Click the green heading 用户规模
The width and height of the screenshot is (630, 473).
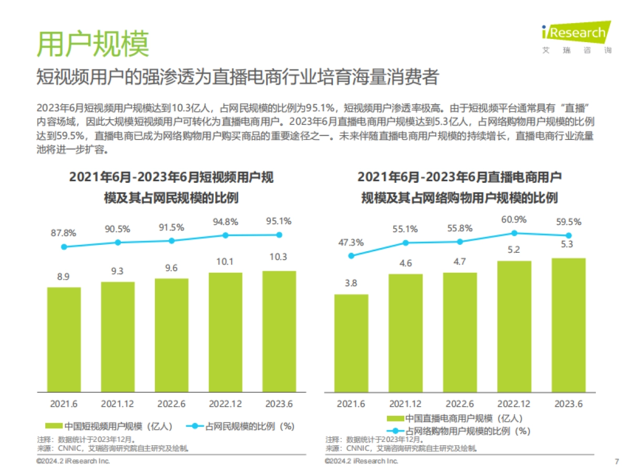[x=93, y=43]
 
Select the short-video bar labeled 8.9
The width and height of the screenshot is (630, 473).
[x=64, y=339]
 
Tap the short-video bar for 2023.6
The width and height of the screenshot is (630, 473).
[x=279, y=331]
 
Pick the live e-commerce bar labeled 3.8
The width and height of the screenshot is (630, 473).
[x=351, y=343]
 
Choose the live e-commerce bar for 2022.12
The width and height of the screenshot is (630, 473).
[x=514, y=326]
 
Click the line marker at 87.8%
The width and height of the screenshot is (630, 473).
[x=64, y=246]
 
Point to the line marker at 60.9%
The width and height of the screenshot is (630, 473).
[x=514, y=233]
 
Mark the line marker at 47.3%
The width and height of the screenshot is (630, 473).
[x=351, y=256]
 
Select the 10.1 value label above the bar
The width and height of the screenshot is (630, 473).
[x=225, y=262]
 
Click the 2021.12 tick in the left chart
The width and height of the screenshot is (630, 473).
[x=118, y=404]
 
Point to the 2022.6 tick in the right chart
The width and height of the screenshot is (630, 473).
[x=460, y=404]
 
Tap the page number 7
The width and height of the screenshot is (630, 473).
[x=616, y=461]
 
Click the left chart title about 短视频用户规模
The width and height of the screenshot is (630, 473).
[x=171, y=188]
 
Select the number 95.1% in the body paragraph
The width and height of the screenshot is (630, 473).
[x=320, y=108]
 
